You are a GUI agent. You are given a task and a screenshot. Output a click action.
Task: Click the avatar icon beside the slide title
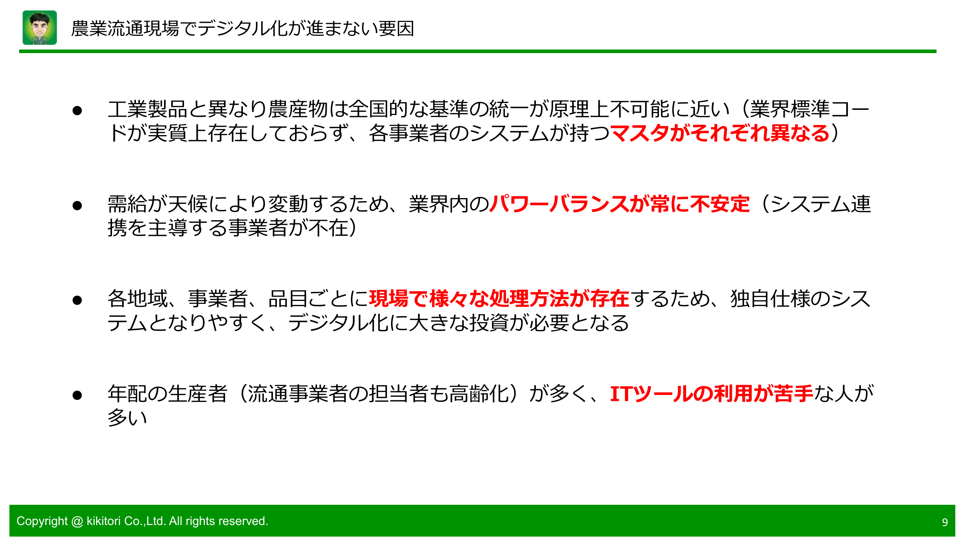click(x=40, y=28)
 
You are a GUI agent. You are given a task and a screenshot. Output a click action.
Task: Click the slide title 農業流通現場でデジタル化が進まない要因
click(x=243, y=29)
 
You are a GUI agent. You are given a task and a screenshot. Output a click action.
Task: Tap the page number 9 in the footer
click(x=944, y=522)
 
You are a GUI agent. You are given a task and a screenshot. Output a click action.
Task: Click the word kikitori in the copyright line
click(x=103, y=521)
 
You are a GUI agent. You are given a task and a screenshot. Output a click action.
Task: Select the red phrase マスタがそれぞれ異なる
click(x=720, y=133)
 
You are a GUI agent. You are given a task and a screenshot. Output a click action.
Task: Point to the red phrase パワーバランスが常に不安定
click(x=619, y=204)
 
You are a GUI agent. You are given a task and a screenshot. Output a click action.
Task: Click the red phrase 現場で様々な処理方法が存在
click(x=499, y=299)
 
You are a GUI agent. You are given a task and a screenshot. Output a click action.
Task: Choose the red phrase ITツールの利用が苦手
click(x=711, y=394)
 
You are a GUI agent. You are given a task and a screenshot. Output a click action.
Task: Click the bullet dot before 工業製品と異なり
click(x=77, y=110)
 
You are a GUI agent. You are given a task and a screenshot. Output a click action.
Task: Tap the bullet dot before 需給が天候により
click(x=77, y=205)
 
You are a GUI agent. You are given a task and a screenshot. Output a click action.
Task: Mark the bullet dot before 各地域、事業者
click(x=77, y=300)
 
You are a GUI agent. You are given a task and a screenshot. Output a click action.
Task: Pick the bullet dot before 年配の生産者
click(x=77, y=395)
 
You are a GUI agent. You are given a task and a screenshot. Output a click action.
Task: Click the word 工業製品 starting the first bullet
click(x=147, y=109)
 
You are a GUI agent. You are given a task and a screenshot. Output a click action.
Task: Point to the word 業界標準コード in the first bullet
click(x=808, y=109)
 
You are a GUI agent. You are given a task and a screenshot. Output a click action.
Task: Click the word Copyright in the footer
click(x=42, y=521)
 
